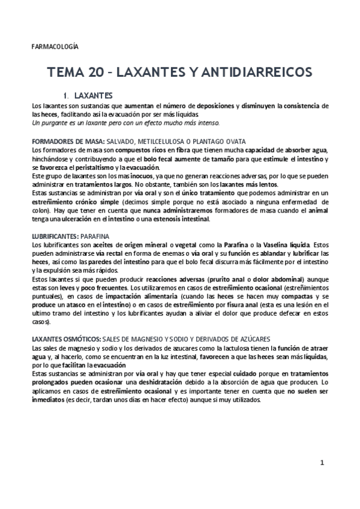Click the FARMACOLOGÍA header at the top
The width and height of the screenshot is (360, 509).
pos(55,46)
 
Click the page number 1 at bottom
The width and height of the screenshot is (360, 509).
pos(322,463)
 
